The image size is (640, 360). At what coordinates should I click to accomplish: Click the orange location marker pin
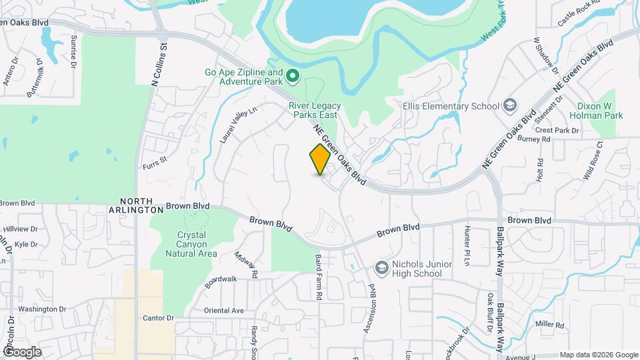click(x=320, y=160)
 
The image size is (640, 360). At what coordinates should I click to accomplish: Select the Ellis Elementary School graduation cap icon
click(x=510, y=105)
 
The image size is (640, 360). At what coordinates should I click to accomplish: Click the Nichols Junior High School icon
click(x=382, y=268)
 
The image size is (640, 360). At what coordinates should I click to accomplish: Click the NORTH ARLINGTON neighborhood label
click(x=136, y=205)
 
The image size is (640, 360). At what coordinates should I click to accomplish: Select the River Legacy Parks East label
click(x=315, y=111)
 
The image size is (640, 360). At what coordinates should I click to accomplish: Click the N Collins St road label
click(x=159, y=65)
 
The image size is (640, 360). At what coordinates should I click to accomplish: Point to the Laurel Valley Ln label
click(x=238, y=125)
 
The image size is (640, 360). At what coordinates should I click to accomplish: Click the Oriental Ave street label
click(x=224, y=311)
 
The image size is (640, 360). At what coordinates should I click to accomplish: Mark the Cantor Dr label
click(x=158, y=318)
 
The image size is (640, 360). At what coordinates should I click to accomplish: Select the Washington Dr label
click(x=42, y=309)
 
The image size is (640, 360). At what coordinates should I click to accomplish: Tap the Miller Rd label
click(x=549, y=325)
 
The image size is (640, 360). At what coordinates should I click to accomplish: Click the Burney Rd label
click(x=537, y=140)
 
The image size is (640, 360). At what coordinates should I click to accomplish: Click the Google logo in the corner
click(x=22, y=351)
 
